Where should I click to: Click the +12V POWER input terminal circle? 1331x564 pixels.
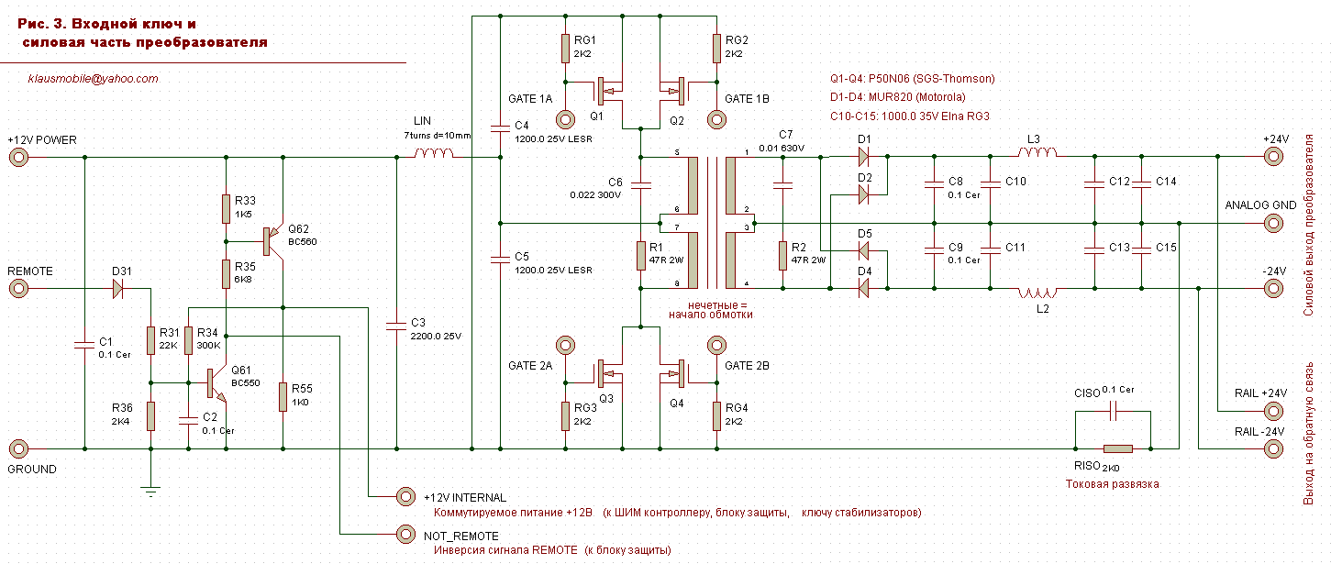(x=17, y=158)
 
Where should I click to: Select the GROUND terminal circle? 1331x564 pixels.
(x=17, y=449)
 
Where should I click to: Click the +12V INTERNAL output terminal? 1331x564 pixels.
(x=404, y=496)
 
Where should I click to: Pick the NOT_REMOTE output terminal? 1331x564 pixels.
(x=404, y=533)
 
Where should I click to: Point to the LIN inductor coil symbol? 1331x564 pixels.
(x=433, y=154)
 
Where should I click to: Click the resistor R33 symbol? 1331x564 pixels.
(x=226, y=208)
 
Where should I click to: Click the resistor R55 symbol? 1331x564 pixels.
(x=283, y=395)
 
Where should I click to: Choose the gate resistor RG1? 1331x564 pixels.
(x=564, y=49)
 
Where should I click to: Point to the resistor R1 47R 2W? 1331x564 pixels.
(x=641, y=254)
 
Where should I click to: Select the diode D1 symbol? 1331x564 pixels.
(x=863, y=158)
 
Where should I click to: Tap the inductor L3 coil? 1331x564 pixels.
(x=1037, y=153)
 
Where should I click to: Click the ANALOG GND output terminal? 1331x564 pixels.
(x=1272, y=223)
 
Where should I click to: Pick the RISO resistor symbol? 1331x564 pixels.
(x=1117, y=449)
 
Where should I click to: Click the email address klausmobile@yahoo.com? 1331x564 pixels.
(x=94, y=79)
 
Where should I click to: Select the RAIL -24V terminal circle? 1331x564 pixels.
(x=1272, y=449)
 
